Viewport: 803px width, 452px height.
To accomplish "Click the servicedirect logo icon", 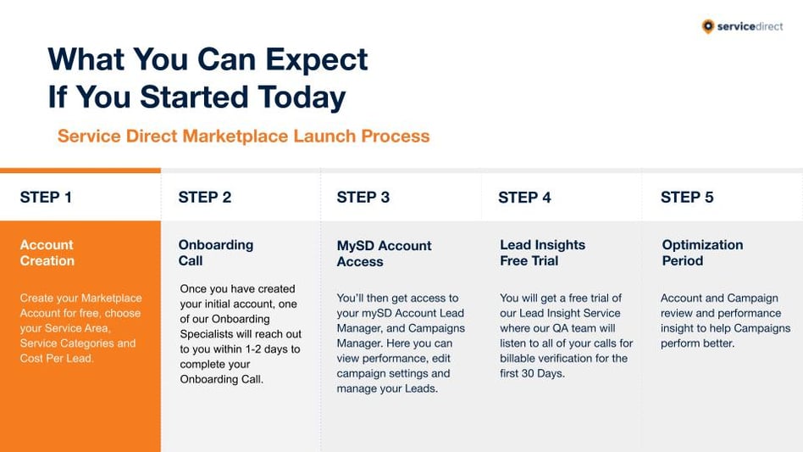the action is tap(708, 26).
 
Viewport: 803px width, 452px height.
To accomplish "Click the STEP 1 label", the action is tap(46, 198).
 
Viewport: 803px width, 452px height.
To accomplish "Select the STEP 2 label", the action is tap(205, 198).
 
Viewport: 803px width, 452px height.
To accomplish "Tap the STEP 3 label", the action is tap(363, 198).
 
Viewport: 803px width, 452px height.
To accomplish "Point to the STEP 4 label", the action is tap(524, 198).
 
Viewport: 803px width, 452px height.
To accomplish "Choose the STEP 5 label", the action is tap(687, 198).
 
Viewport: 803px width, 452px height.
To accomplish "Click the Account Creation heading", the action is tap(47, 253).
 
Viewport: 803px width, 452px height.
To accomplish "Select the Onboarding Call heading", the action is tap(216, 253).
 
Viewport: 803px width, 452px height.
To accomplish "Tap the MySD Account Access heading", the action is tap(384, 254).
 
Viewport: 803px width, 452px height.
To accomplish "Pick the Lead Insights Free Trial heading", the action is tap(543, 253).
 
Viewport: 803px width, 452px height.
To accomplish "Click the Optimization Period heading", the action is tap(703, 253).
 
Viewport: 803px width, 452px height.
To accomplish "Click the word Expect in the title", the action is tap(317, 60).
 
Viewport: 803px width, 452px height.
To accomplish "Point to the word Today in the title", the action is tap(302, 98).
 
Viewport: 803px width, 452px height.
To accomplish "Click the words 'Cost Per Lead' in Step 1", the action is tap(57, 358).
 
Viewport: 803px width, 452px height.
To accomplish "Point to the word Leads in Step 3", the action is tap(422, 388).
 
